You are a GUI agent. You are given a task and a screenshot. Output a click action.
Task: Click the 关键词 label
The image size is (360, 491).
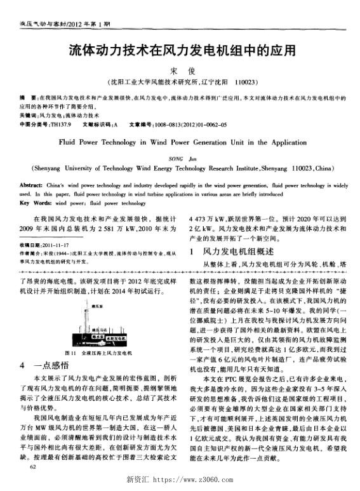[x=28, y=116]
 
